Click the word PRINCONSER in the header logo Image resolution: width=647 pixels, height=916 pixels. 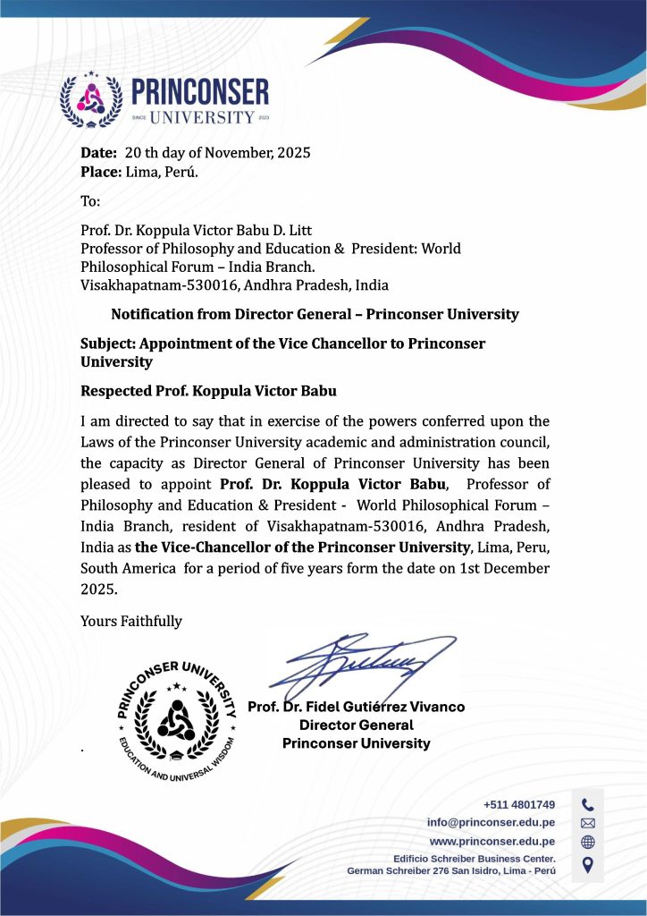coord(199,91)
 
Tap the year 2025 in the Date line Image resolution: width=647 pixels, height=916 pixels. coord(294,152)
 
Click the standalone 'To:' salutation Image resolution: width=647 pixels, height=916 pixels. coord(90,202)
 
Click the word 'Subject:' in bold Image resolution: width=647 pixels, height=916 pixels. coord(109,343)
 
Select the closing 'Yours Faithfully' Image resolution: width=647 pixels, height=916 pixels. coord(131,621)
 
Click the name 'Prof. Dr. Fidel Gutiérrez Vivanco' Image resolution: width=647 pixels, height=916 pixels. coord(356,707)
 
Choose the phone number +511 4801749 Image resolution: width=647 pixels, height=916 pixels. coord(519,804)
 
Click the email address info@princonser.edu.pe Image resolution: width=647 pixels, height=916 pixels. coord(491,822)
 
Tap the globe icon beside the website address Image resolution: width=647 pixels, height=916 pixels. coord(587,842)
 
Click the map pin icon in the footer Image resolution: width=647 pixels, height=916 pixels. coord(587,863)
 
